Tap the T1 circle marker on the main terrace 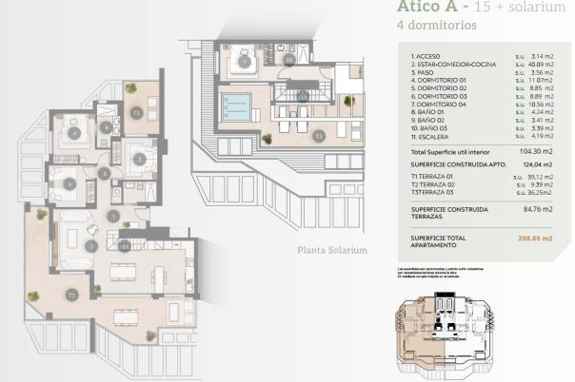click(x=71, y=296)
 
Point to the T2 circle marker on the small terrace click(x=137, y=113)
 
